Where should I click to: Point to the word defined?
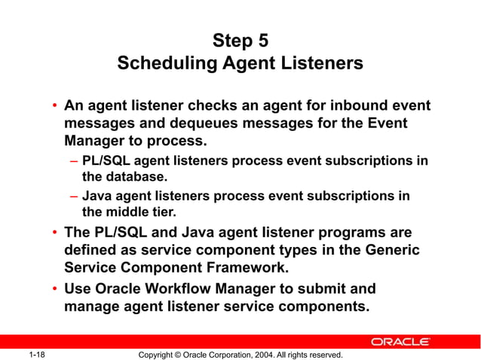[93, 249]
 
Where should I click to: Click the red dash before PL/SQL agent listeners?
[73, 160]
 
